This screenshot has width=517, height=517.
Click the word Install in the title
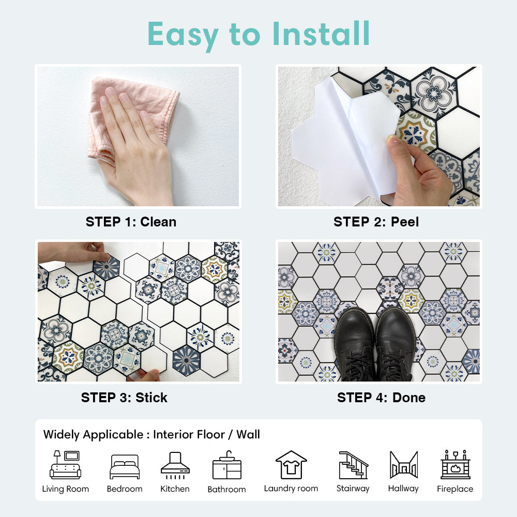(321, 34)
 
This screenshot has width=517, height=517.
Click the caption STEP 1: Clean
(131, 222)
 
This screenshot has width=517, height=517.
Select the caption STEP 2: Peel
(376, 222)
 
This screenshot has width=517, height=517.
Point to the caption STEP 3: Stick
(124, 398)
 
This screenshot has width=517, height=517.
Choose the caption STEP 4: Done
(381, 398)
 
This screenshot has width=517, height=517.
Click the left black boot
(355, 344)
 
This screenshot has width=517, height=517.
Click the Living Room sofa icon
(65, 465)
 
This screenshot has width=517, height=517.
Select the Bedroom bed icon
(125, 466)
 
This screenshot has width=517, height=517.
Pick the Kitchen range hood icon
(175, 465)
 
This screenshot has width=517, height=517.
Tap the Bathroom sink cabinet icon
(227, 465)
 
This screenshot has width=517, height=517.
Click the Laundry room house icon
(291, 465)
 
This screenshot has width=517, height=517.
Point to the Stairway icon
(353, 465)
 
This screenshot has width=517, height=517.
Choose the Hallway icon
(404, 465)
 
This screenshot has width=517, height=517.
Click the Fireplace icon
(455, 464)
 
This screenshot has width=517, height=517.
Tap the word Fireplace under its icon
(455, 489)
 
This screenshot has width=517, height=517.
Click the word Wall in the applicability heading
(248, 434)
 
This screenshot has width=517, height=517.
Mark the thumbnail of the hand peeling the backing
(379, 136)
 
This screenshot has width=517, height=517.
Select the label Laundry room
(291, 489)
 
